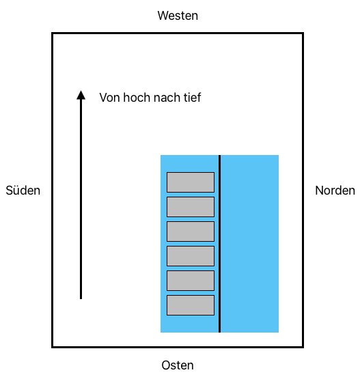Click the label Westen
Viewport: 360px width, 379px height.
(x=178, y=16)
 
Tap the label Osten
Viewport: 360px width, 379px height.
(x=178, y=365)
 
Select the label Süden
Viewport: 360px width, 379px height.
(x=23, y=191)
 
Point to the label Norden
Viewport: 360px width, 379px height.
(x=335, y=191)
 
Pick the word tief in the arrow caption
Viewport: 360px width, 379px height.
(x=192, y=98)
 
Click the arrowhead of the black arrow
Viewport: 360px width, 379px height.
(x=81, y=95)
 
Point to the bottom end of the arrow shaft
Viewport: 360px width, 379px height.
(x=81, y=299)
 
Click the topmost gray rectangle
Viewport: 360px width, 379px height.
(x=191, y=182)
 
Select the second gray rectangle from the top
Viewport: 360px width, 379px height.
(x=191, y=207)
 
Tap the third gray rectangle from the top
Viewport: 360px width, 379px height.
(x=191, y=231)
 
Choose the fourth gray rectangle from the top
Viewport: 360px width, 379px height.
(x=191, y=256)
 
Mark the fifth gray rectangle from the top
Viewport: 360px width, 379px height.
(x=191, y=281)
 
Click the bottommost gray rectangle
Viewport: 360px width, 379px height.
(x=191, y=305)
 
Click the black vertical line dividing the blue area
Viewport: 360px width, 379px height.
(x=219, y=244)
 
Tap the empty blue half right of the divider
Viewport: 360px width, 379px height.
(x=250, y=244)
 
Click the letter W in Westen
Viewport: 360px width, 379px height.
(x=163, y=16)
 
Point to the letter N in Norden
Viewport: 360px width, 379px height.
(x=319, y=191)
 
